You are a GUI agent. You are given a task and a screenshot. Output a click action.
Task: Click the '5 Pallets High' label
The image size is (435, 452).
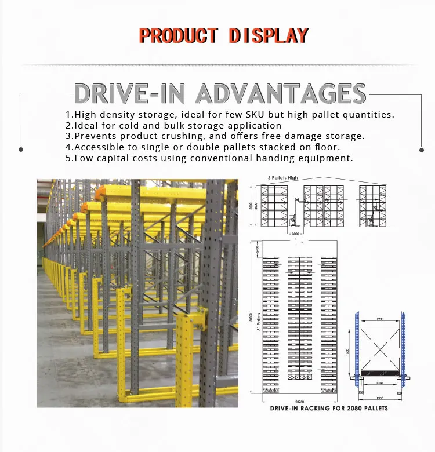[x=283, y=177]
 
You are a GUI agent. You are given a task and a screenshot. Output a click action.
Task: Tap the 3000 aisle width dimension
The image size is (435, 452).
[x=296, y=234]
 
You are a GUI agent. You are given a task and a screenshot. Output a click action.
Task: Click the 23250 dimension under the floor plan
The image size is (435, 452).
[x=300, y=400]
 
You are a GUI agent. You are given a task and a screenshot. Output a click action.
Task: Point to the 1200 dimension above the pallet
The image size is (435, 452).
[x=379, y=319]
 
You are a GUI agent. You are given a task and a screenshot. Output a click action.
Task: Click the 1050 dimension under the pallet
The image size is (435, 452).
[x=379, y=384]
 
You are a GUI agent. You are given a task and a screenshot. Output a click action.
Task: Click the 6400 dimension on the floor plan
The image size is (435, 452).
[x=255, y=250]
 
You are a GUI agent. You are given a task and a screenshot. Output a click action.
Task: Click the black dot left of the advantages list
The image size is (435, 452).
[x=21, y=149]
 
